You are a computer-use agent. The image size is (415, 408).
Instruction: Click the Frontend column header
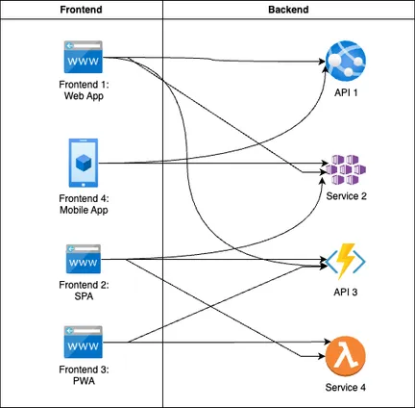pos(81,10)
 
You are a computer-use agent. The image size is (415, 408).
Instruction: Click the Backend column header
pos(288,10)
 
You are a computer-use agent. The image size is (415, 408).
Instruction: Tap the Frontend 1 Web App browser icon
pos(84,57)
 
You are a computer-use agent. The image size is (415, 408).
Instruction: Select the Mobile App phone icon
pos(84,163)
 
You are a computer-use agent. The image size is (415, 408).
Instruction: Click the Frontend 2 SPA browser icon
pos(84,259)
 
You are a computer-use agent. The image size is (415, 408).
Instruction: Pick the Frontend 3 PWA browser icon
pos(84,342)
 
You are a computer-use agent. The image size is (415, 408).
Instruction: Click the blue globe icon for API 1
pos(346,61)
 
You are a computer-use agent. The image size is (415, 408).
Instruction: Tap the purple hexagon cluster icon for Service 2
pos(346,170)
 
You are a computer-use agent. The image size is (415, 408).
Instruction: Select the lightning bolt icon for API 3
pos(346,262)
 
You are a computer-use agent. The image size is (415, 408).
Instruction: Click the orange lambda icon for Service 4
pos(346,356)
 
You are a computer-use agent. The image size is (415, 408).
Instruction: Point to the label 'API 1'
pos(346,92)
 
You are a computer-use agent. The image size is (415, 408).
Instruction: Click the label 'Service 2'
pos(346,196)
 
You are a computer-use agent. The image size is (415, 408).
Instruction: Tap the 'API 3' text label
pos(346,293)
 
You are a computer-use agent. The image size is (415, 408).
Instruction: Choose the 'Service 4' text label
pos(346,388)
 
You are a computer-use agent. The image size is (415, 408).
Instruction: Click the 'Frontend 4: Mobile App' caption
pos(84,204)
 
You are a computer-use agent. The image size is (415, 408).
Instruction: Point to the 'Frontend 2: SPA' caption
pos(84,291)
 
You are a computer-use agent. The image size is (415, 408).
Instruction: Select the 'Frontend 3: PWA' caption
pos(84,375)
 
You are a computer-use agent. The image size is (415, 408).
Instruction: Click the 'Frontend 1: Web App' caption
pos(84,90)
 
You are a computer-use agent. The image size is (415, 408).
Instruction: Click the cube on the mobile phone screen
pos(84,163)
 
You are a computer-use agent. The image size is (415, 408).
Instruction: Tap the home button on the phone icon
pos(84,185)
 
